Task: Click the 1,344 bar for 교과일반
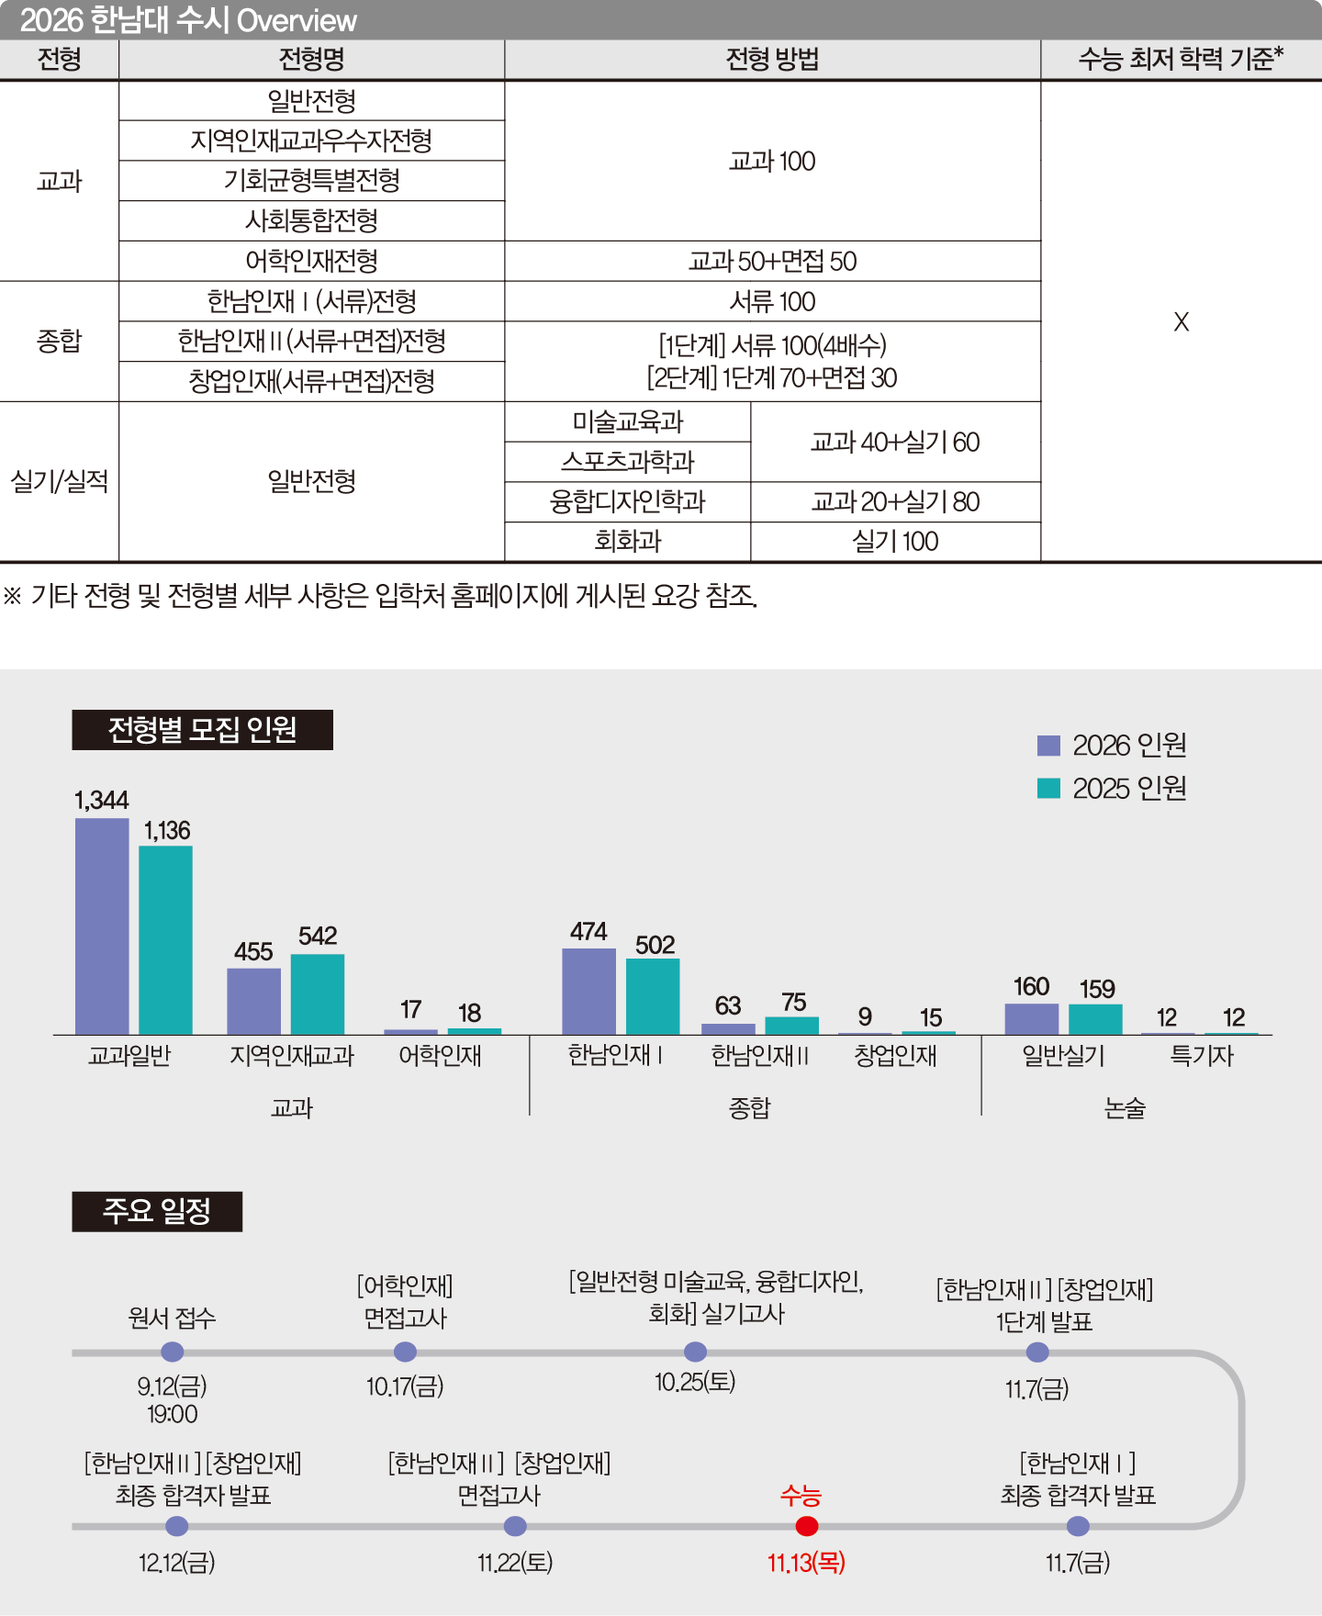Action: [102, 926]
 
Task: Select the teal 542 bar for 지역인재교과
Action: [318, 994]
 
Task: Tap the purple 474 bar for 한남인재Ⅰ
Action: [588, 992]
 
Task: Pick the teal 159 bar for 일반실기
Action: [1095, 1019]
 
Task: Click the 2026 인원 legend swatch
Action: [1048, 746]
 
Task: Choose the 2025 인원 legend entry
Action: [1112, 788]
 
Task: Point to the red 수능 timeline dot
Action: [807, 1526]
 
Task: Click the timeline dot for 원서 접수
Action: [173, 1352]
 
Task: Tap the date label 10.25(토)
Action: [695, 1382]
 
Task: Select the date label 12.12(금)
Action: [177, 1562]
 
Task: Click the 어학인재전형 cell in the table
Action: [312, 261]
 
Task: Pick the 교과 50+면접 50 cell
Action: [773, 261]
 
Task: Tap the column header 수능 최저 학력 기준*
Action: [1182, 60]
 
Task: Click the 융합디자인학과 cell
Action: [628, 502]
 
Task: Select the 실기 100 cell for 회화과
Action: [896, 542]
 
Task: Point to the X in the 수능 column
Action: [1182, 321]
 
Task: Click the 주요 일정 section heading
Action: [157, 1211]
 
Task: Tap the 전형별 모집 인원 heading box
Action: [203, 730]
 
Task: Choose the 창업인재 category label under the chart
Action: [896, 1056]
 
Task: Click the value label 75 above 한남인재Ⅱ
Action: [794, 1002]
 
